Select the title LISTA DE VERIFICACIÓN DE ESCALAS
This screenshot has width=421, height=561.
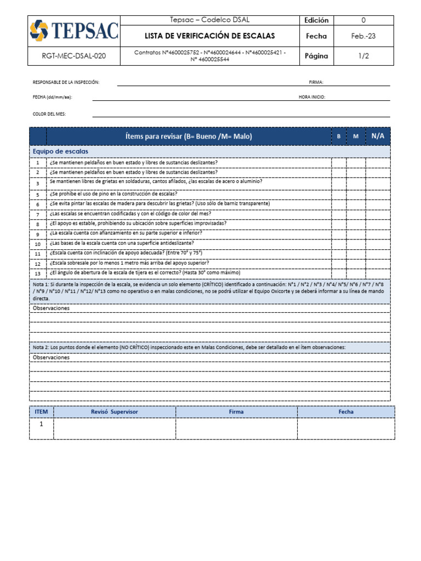click(209, 36)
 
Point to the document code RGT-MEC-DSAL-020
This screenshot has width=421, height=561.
click(74, 55)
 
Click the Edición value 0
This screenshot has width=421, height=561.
click(363, 20)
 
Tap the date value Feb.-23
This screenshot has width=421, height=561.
click(363, 36)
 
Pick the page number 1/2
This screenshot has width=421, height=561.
click(363, 55)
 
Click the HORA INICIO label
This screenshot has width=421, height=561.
click(312, 97)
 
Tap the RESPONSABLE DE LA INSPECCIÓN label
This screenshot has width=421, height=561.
click(66, 82)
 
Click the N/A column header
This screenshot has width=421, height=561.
click(378, 136)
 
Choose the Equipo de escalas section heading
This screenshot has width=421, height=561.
click(60, 151)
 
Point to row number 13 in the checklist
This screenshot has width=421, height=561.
click(38, 273)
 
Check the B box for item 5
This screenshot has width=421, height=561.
click(339, 194)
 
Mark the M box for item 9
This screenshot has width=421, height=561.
click(356, 233)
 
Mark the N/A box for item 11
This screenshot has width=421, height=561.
click(378, 253)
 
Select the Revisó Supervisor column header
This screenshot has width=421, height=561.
click(115, 411)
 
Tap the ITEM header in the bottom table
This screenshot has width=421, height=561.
click(41, 411)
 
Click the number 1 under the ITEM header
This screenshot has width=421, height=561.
click(41, 425)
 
